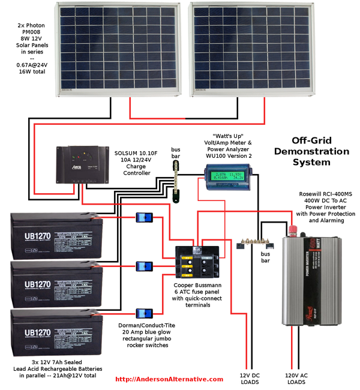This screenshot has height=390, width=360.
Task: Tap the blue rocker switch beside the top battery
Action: point(144,219)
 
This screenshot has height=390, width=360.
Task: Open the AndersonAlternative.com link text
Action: point(169,379)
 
